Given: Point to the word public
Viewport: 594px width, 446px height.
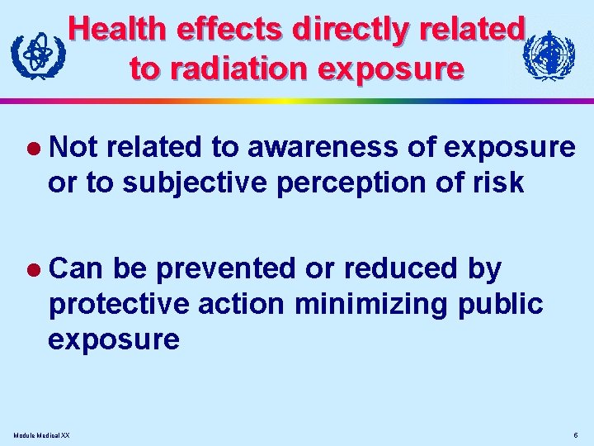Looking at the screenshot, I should pyautogui.click(x=499, y=304).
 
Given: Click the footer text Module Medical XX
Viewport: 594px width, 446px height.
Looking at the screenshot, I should pyautogui.click(x=42, y=434).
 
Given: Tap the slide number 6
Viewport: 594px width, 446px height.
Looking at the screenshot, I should pyautogui.click(x=574, y=434).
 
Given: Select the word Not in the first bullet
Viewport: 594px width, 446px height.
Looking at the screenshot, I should pyautogui.click(x=73, y=147).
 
